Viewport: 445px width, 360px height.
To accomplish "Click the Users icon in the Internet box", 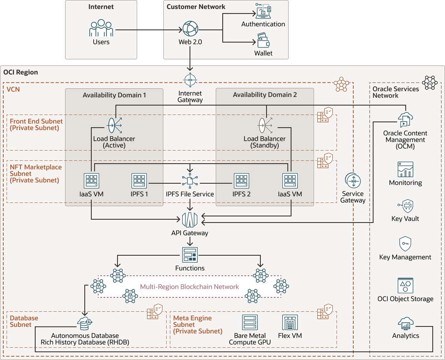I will pyautogui.click(x=101, y=28).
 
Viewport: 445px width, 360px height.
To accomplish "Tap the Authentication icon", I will pyautogui.click(x=263, y=11).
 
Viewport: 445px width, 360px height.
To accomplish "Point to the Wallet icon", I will pyautogui.click(x=263, y=42).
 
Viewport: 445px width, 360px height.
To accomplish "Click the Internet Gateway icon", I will pyautogui.click(x=190, y=80).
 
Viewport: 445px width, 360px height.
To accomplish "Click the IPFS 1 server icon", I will pyautogui.click(x=140, y=181).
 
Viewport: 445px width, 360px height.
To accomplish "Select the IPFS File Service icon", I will pyautogui.click(x=190, y=180).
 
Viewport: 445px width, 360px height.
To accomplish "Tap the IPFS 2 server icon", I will pyautogui.click(x=242, y=181).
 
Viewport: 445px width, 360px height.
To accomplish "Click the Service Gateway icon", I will pyautogui.click(x=352, y=181).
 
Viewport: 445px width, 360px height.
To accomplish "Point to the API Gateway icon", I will pyautogui.click(x=190, y=220).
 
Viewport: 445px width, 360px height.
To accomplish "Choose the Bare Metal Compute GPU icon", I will pyautogui.click(x=250, y=323).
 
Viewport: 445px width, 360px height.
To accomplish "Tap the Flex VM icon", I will pyautogui.click(x=290, y=323).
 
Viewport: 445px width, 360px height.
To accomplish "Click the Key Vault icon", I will pyautogui.click(x=405, y=206).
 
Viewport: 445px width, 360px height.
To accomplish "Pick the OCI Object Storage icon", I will pyautogui.click(x=405, y=286).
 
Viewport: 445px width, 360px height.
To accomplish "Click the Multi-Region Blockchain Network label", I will pyautogui.click(x=189, y=287).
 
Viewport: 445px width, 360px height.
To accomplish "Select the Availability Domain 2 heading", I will pyautogui.click(x=265, y=95).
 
